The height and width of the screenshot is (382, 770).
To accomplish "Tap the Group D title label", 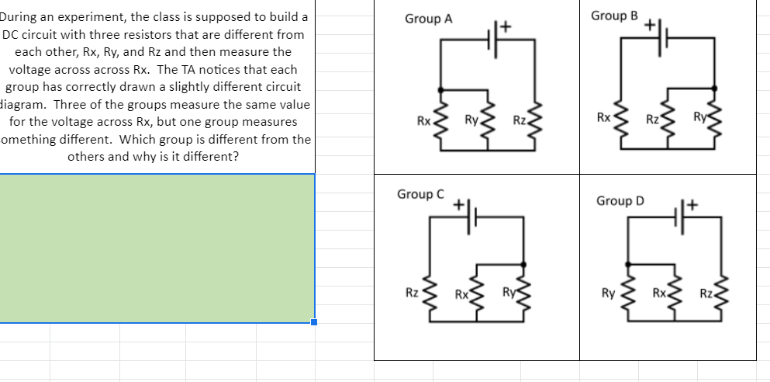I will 620,201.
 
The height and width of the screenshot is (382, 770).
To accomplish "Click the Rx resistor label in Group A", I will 423,121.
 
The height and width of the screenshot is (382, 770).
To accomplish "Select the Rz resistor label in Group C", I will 413,293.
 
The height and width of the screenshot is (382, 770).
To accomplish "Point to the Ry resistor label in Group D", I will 609,293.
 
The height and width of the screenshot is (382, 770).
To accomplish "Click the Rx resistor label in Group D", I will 658,293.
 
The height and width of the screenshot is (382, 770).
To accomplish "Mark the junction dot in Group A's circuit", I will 441,90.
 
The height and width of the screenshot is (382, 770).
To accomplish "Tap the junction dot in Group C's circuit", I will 523,265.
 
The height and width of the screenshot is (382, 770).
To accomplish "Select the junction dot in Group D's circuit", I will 627,264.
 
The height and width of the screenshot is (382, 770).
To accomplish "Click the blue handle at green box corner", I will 314,322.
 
